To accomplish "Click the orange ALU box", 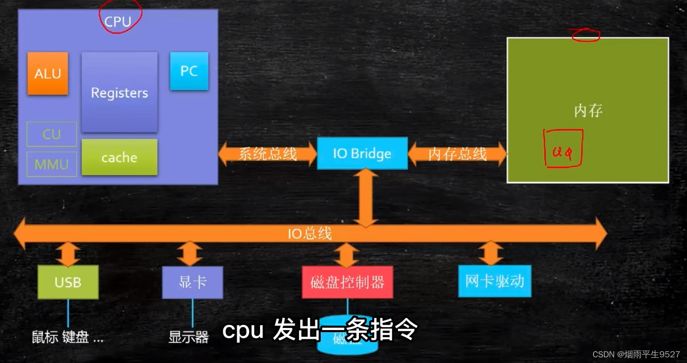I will [x=47, y=73].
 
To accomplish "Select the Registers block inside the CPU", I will [x=119, y=92].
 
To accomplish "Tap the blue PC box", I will [x=189, y=71].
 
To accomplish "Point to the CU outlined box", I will [x=51, y=134].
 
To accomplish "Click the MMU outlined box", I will [x=51, y=164].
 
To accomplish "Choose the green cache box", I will [x=119, y=157].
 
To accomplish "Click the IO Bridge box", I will [x=362, y=153].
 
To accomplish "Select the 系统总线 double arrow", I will [x=267, y=154].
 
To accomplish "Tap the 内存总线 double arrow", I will [x=457, y=154].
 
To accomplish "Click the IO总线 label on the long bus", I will [x=310, y=234].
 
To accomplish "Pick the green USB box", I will [x=68, y=282].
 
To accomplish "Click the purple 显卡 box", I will [x=193, y=282].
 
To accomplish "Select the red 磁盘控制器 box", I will [x=347, y=282].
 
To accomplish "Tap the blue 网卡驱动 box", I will [x=494, y=281].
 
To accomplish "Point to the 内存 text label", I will [x=588, y=110].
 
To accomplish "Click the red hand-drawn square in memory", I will [x=563, y=149].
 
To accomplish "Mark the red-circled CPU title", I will [x=118, y=21].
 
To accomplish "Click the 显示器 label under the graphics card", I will [x=189, y=337].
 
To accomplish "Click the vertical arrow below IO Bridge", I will [x=365, y=197].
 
